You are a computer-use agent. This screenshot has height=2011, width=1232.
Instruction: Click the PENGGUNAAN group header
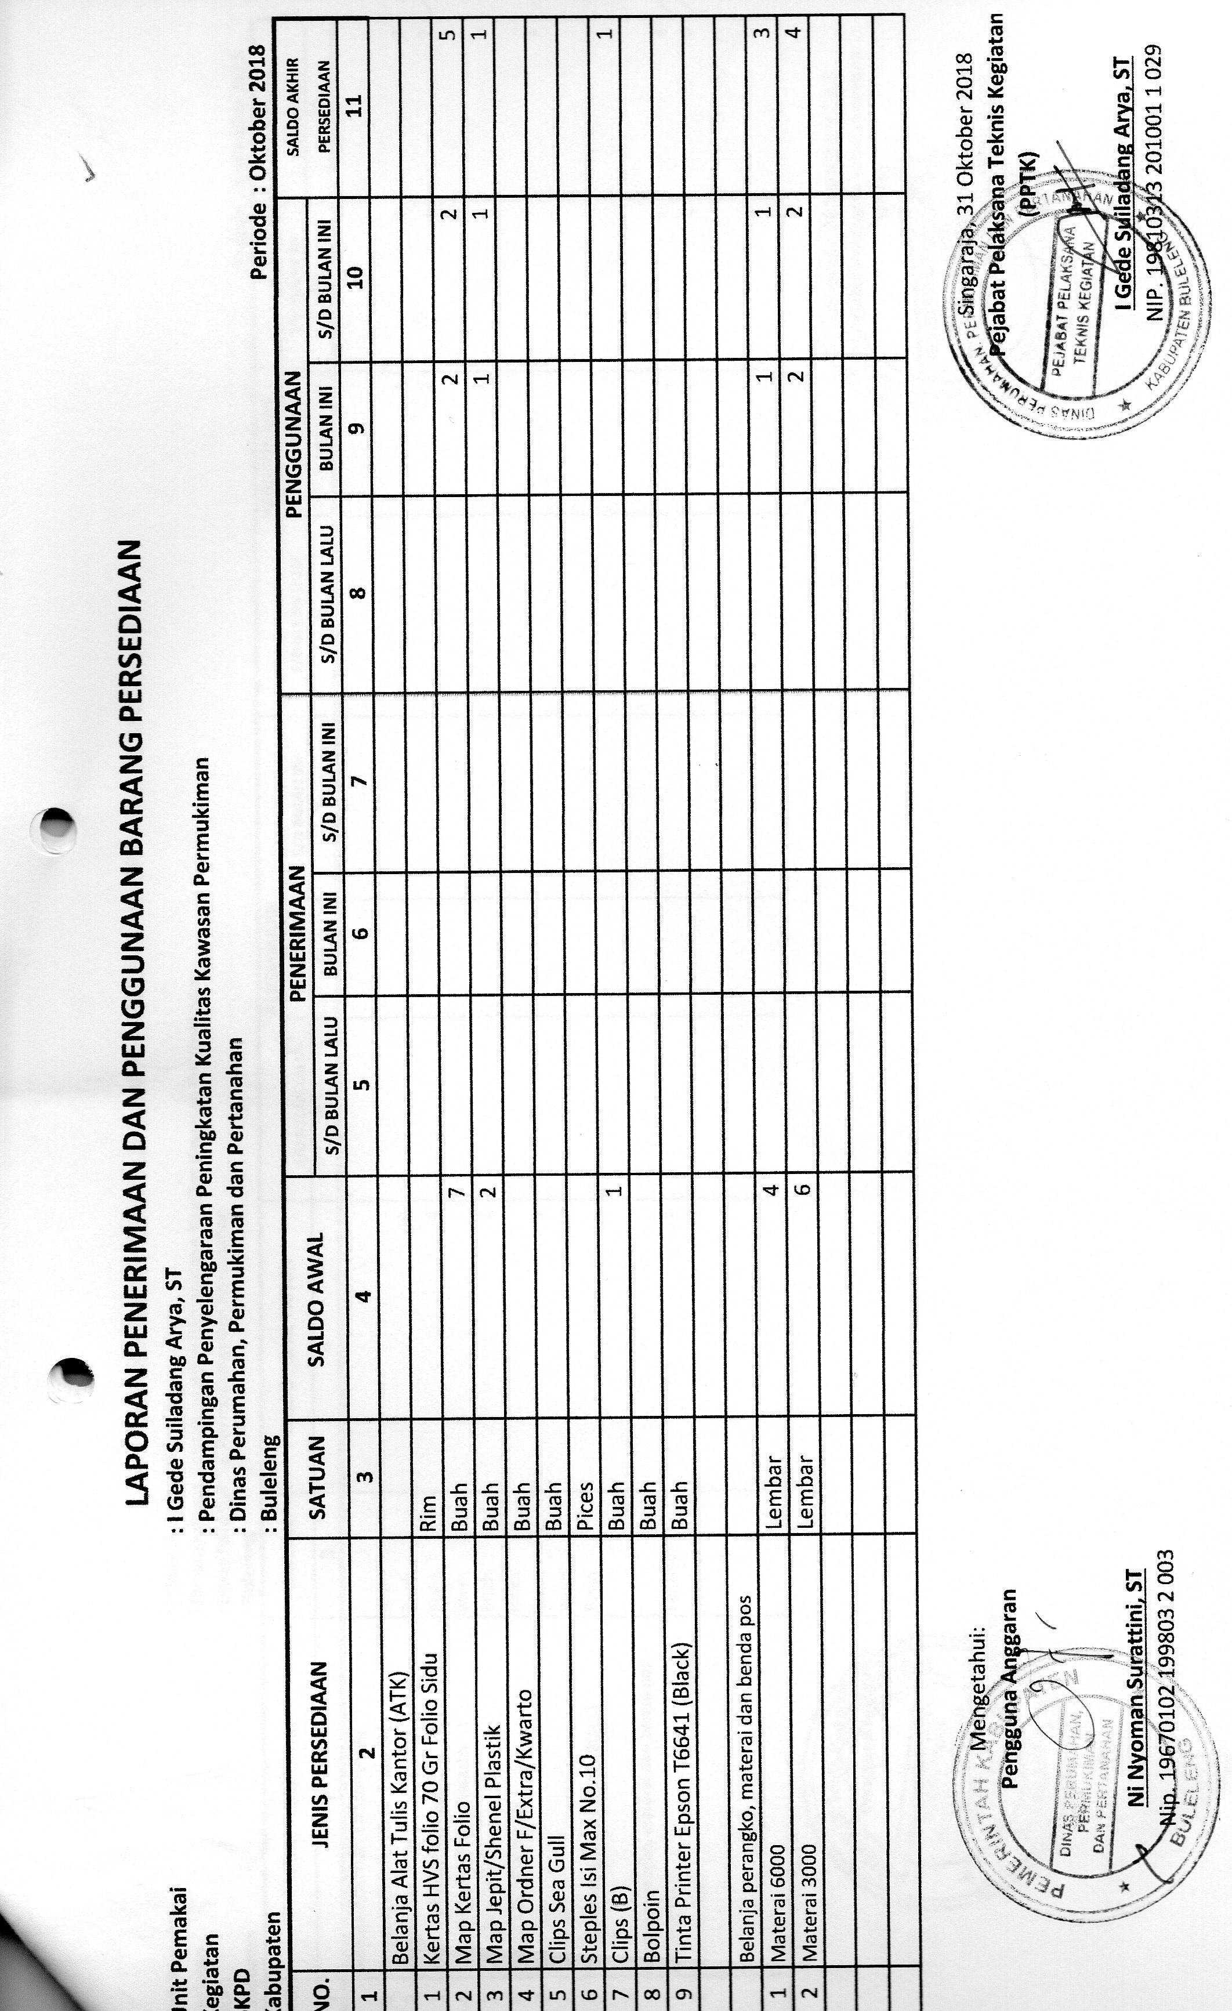(293, 441)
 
